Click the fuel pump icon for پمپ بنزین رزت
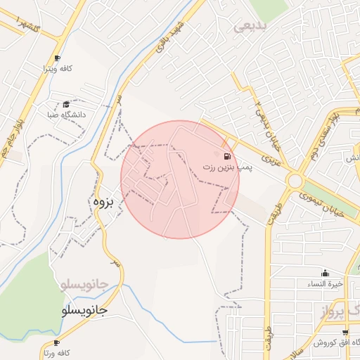pos(226,156)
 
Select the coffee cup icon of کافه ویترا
pos(57,58)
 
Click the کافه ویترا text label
pos(58,70)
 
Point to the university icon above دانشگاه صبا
pos(66,103)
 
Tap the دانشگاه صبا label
pos(65,114)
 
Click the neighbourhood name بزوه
pos(103,201)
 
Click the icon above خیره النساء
pos(325,274)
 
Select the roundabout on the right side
pos(295,181)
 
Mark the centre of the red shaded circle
pos(180,179)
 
